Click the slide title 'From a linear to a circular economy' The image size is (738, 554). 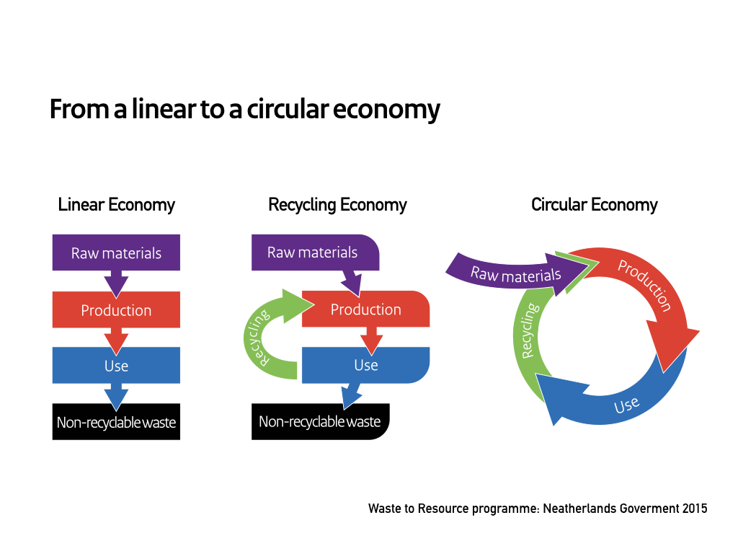tap(244, 110)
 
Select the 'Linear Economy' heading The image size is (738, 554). tap(116, 205)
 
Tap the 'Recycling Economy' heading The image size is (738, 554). tap(337, 205)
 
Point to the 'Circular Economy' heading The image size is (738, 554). tap(594, 205)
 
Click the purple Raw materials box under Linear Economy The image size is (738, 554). tap(116, 253)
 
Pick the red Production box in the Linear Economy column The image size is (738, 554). tap(116, 310)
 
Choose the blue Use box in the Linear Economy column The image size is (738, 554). tap(116, 366)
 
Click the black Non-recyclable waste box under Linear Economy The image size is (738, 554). tap(116, 422)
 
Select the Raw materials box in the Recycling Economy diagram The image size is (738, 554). tap(312, 252)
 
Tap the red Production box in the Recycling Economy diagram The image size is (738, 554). tap(365, 309)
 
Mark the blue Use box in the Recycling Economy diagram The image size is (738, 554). tap(365, 365)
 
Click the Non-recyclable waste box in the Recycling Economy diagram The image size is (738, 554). tap(319, 422)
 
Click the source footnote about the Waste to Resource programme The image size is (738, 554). tap(538, 509)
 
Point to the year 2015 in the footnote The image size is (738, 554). tap(694, 509)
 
